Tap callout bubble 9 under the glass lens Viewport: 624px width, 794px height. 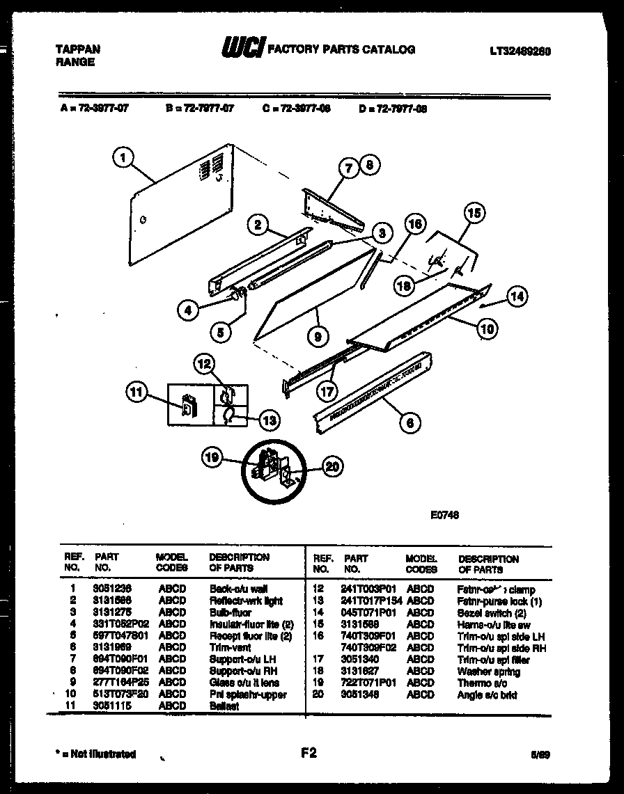click(318, 335)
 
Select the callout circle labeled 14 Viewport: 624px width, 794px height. click(517, 297)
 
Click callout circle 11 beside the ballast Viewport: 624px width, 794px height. click(136, 393)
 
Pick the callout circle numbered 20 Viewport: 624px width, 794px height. click(332, 466)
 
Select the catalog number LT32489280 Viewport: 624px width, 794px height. click(520, 51)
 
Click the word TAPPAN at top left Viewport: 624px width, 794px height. click(77, 49)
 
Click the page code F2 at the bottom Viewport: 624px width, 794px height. click(309, 752)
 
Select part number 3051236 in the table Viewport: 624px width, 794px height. click(112, 589)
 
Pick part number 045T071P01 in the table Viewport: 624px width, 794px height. click(368, 613)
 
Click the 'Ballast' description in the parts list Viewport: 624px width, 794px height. click(224, 706)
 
